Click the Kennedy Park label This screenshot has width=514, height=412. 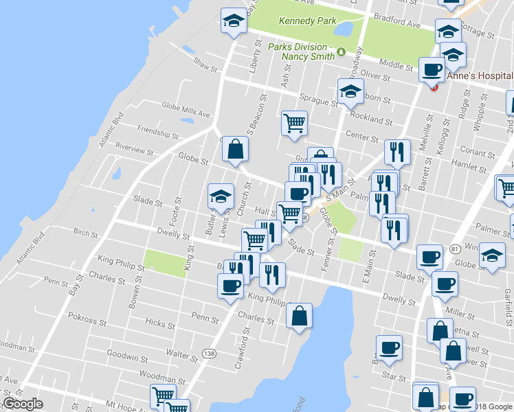coord(307,21)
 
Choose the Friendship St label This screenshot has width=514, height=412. coord(157,130)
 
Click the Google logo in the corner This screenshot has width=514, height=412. coord(23,404)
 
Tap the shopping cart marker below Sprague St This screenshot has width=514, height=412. coord(294,123)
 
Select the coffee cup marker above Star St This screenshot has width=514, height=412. coord(389,347)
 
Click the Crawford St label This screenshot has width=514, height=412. coord(241,350)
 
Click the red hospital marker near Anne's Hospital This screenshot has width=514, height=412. coord(434,86)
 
